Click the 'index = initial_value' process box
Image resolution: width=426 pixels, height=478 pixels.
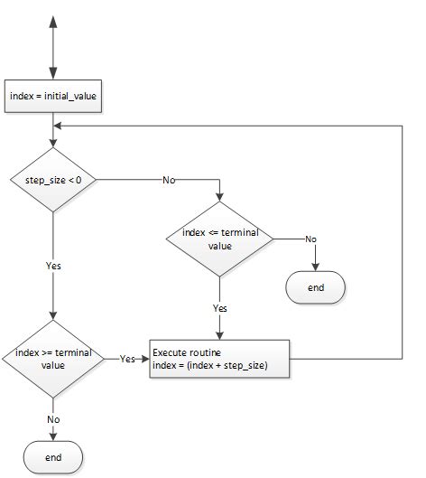click(53, 96)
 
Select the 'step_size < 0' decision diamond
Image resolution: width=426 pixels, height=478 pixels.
click(53, 181)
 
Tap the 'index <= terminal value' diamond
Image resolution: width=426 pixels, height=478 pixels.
click(219, 239)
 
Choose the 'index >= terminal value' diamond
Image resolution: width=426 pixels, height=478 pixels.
click(53, 358)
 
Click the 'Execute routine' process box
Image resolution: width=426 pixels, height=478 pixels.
click(221, 358)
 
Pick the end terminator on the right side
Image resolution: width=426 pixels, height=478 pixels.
click(316, 287)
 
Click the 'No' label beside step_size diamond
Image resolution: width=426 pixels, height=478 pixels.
click(169, 181)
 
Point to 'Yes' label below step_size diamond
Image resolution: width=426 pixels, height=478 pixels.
click(53, 267)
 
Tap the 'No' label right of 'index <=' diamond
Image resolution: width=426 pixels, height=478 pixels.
click(310, 239)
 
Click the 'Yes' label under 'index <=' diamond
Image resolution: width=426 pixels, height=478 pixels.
click(219, 307)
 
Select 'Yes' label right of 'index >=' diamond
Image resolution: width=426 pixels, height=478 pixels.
click(127, 358)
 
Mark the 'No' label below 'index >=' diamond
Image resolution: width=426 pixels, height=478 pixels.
click(53, 419)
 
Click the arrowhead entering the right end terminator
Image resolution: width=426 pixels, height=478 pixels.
click(316, 267)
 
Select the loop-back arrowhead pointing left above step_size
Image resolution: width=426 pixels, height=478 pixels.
click(60, 126)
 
